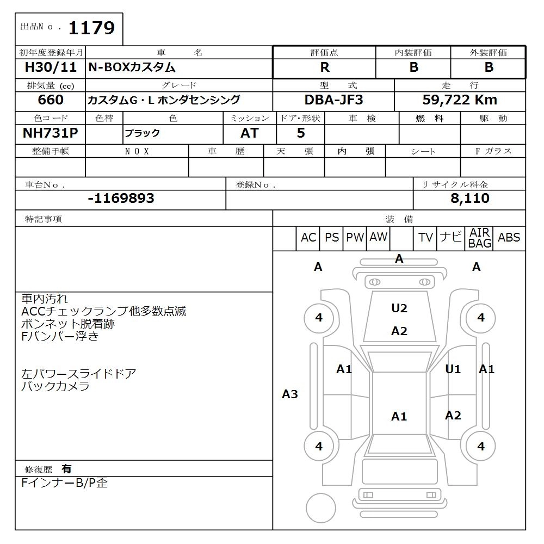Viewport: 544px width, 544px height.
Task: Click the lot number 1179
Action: tap(91, 28)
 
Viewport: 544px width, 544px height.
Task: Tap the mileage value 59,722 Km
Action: tap(460, 100)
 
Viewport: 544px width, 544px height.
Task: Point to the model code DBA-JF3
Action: tap(333, 100)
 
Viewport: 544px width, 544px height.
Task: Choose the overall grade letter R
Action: tap(325, 67)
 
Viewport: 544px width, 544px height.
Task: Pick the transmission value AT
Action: tap(250, 133)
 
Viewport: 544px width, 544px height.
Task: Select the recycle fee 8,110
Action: tap(469, 199)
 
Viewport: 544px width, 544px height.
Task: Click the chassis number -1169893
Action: tap(121, 199)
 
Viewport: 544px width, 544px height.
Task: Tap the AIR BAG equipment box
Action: tap(479, 238)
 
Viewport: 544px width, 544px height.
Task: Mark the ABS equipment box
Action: tap(509, 238)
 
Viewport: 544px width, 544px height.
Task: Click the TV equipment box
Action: tap(425, 238)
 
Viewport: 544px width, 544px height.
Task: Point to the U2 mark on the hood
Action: tap(399, 308)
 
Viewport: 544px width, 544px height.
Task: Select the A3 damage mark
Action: tap(290, 394)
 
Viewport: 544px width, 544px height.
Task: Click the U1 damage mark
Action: tap(453, 369)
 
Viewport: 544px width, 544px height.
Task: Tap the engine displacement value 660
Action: tap(51, 100)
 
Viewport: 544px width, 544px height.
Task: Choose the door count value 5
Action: tap(301, 133)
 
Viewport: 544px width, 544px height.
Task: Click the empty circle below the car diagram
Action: tap(321, 508)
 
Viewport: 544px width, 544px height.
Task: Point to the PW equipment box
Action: tap(355, 238)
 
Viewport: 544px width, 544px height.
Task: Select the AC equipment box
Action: tap(308, 238)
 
